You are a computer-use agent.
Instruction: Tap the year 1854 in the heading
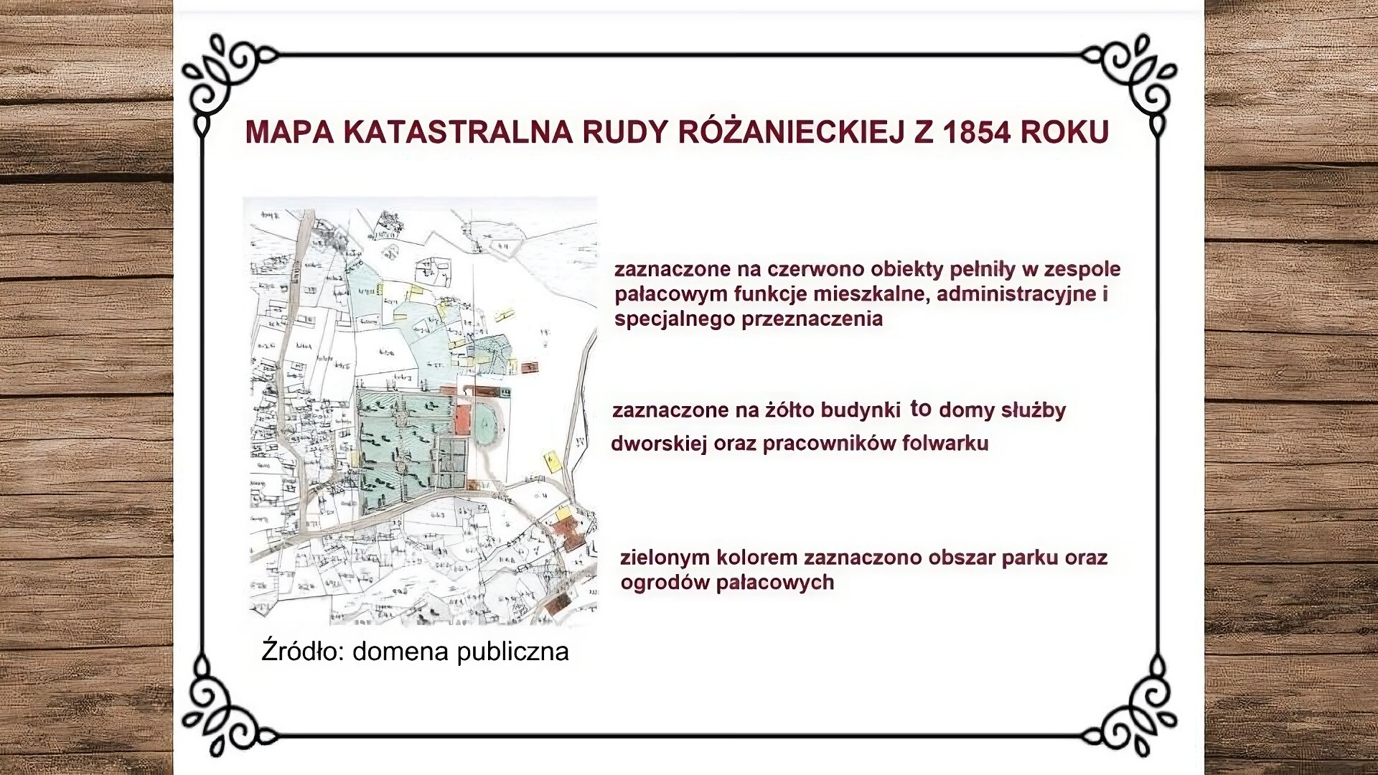click(x=978, y=133)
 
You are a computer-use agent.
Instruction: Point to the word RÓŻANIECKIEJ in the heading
click(x=785, y=133)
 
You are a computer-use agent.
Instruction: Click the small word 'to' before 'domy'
click(x=921, y=409)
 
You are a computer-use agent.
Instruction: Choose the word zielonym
click(x=665, y=558)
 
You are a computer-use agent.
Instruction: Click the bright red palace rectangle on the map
click(x=461, y=421)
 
